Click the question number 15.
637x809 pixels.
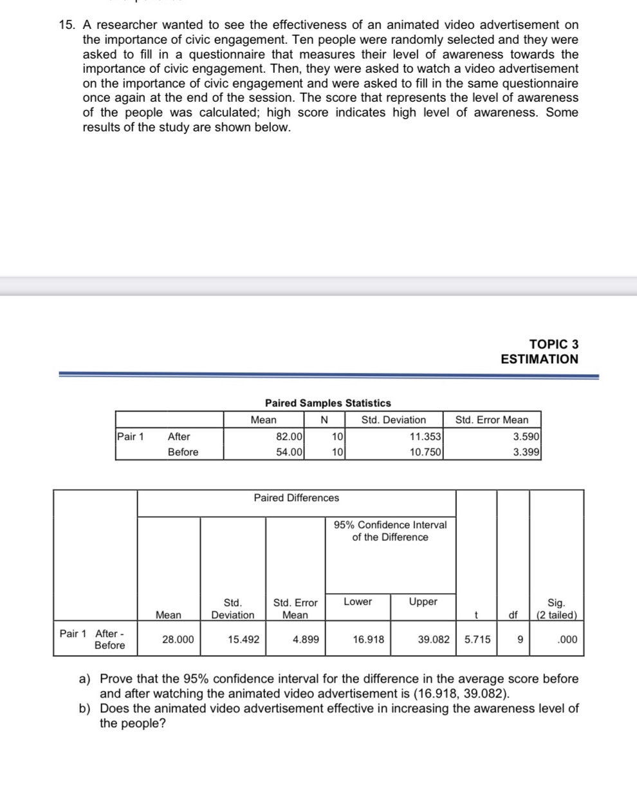[66, 25]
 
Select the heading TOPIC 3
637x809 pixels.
[553, 345]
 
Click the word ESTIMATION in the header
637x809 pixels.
[539, 359]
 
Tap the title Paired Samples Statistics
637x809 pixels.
[328, 403]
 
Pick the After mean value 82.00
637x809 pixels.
[289, 437]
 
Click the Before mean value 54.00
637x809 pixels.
[289, 452]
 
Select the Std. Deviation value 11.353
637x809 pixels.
[425, 437]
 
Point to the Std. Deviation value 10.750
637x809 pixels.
[425, 452]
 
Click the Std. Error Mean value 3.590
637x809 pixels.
[526, 437]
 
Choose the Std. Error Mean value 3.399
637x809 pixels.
[526, 452]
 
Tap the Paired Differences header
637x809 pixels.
[296, 498]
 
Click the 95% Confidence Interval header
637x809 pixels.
[390, 531]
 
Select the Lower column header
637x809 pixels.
[358, 602]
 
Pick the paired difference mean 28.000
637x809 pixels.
[178, 640]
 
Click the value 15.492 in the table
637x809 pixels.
[244, 640]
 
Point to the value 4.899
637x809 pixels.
[306, 640]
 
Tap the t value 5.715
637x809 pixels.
[477, 640]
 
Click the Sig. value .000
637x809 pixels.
[568, 640]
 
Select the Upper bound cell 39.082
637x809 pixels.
[433, 640]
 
